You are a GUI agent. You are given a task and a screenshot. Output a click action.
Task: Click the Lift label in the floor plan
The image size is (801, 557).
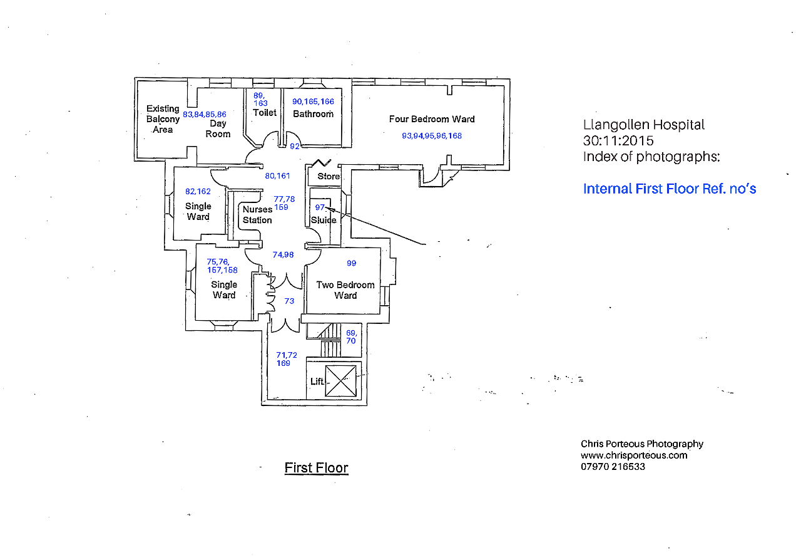317,382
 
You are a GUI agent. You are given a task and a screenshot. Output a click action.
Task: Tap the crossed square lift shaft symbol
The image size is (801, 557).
341,381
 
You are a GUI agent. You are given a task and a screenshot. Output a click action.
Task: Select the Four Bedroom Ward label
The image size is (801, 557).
432,119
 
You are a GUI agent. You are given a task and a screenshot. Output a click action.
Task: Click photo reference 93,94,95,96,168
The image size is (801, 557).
432,136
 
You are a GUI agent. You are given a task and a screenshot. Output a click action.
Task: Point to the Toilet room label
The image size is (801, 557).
265,113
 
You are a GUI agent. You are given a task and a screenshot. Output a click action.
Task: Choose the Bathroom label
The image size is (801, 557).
314,114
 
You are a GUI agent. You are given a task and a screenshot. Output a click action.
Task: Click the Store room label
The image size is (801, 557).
329,176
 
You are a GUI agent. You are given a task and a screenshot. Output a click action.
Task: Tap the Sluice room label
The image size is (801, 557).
324,220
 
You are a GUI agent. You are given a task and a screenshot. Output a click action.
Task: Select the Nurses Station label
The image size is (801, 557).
257,214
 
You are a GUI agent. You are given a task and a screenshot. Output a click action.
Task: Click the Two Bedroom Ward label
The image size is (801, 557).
345,290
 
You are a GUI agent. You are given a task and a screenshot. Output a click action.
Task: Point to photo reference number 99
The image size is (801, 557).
352,263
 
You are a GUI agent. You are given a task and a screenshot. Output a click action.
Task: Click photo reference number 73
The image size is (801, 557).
289,301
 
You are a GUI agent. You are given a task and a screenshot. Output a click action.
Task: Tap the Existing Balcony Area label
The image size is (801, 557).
163,119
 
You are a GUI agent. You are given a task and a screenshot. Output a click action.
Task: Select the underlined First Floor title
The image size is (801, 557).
316,468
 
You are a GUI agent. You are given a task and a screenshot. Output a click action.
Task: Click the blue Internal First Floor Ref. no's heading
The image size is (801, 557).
670,189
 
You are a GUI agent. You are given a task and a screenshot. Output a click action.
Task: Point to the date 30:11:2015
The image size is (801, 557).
618,141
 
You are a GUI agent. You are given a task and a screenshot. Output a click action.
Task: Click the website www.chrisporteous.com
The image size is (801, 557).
634,455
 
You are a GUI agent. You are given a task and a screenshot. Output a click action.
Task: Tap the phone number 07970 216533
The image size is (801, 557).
613,467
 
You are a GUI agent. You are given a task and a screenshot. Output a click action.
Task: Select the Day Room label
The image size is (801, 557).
218,129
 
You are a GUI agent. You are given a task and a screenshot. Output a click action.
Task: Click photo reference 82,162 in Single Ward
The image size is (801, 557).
198,192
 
